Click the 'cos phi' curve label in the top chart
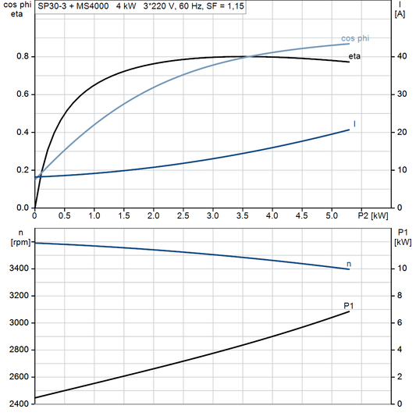[x=356, y=38]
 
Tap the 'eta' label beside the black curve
[x=354, y=56]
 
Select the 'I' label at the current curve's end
[x=354, y=124]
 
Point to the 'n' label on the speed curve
[x=348, y=264]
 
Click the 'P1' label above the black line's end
[x=348, y=305]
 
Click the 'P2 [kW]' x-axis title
[x=373, y=215]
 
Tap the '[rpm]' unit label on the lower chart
[x=18, y=243]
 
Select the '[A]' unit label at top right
[x=400, y=13]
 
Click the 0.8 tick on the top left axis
[x=23, y=57]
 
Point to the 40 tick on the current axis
[x=400, y=57]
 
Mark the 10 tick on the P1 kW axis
[x=400, y=269]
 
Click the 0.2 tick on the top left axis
[x=23, y=170]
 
